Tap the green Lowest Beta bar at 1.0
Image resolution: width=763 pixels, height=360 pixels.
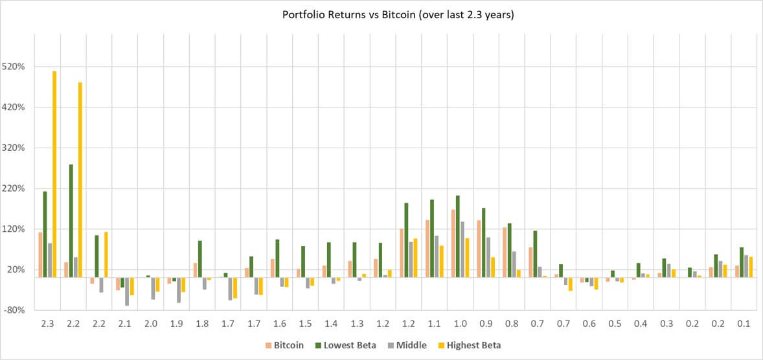click(x=458, y=236)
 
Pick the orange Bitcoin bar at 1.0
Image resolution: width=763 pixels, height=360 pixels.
click(x=453, y=243)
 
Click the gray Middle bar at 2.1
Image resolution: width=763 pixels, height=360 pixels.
click(x=127, y=291)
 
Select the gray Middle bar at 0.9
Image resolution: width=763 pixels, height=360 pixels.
click(x=488, y=257)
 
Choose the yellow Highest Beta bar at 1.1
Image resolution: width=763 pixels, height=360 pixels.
click(x=442, y=262)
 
